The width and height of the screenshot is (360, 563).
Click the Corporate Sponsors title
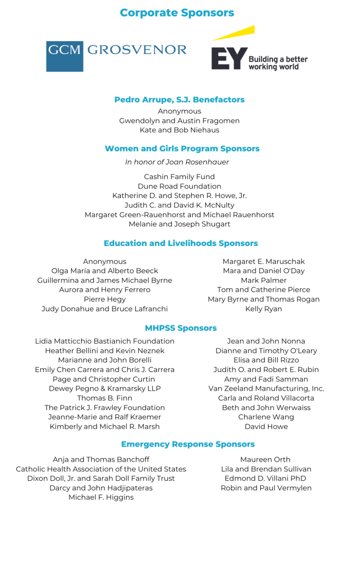tap(177, 13)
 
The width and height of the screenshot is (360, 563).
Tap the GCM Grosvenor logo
tap(116, 56)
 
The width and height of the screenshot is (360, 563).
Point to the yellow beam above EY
tap(234, 32)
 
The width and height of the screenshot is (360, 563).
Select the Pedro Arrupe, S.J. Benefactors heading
tap(179, 100)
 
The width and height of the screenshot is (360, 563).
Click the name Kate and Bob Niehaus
tap(179, 130)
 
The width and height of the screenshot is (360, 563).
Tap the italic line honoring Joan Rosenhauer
tap(177, 162)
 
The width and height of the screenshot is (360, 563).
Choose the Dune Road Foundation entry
tap(179, 186)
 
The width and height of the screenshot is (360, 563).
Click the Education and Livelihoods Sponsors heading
tap(181, 243)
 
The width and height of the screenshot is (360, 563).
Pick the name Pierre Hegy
tap(104, 299)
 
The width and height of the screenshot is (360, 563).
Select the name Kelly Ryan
tap(263, 309)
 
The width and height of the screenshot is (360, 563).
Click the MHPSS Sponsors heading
tap(181, 328)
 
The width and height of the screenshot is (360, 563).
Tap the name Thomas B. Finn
tap(104, 398)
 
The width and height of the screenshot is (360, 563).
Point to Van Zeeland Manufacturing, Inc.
tap(266, 389)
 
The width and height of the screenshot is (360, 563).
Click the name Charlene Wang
tap(266, 417)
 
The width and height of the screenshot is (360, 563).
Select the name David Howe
tap(266, 427)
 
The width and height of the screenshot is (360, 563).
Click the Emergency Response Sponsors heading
tap(188, 444)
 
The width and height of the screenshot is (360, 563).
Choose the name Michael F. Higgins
tap(101, 497)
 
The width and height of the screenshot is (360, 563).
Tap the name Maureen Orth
tap(265, 460)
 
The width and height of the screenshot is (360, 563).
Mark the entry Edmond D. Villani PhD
tap(265, 479)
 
